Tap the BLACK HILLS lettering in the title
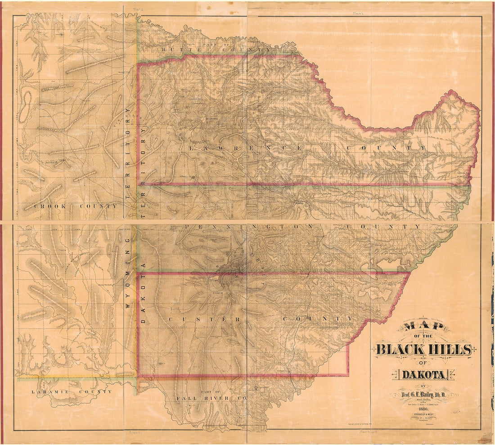[423, 349]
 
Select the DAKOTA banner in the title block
[423, 375]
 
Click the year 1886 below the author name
[423, 409]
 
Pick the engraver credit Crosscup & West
[423, 415]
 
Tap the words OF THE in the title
[423, 336]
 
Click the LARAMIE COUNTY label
[72, 392]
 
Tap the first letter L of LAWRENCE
[192, 148]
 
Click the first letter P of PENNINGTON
[187, 227]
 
